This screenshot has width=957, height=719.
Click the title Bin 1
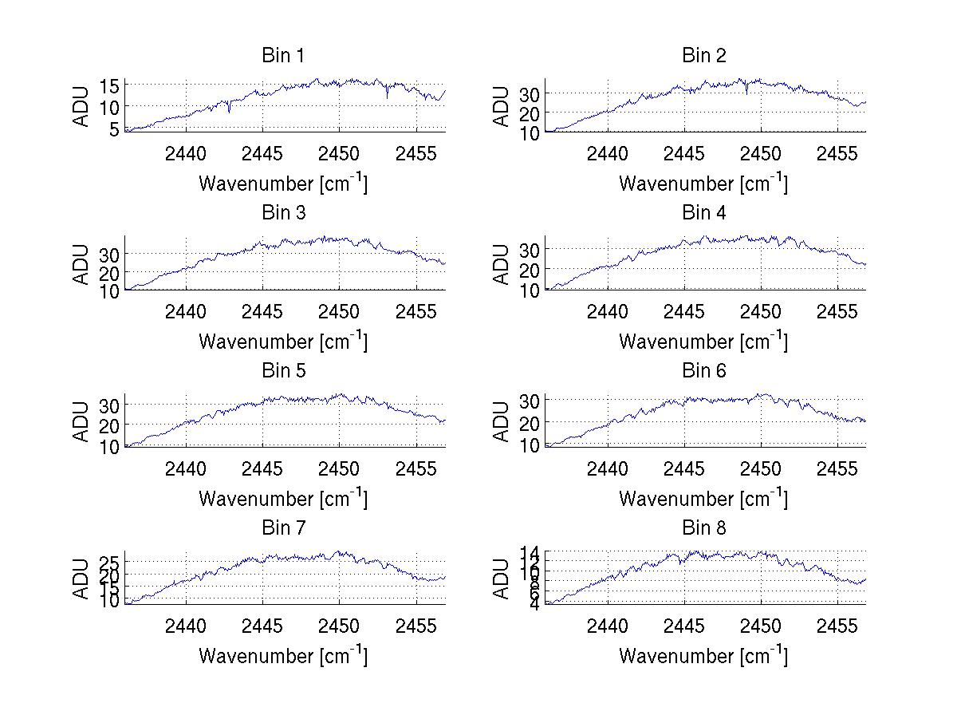pos(283,56)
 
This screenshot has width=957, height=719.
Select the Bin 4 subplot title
pos(703,213)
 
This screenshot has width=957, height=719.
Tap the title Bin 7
pos(283,528)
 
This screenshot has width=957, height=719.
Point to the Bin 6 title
pos(703,371)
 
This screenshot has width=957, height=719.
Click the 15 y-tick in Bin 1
pos(110,85)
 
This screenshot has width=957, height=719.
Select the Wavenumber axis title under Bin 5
pos(283,498)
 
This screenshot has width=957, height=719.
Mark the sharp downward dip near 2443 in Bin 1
pos(229,111)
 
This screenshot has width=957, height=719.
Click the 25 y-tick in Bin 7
pos(110,561)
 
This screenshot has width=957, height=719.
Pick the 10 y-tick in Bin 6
pos(530,444)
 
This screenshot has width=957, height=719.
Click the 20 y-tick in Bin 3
pos(110,272)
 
